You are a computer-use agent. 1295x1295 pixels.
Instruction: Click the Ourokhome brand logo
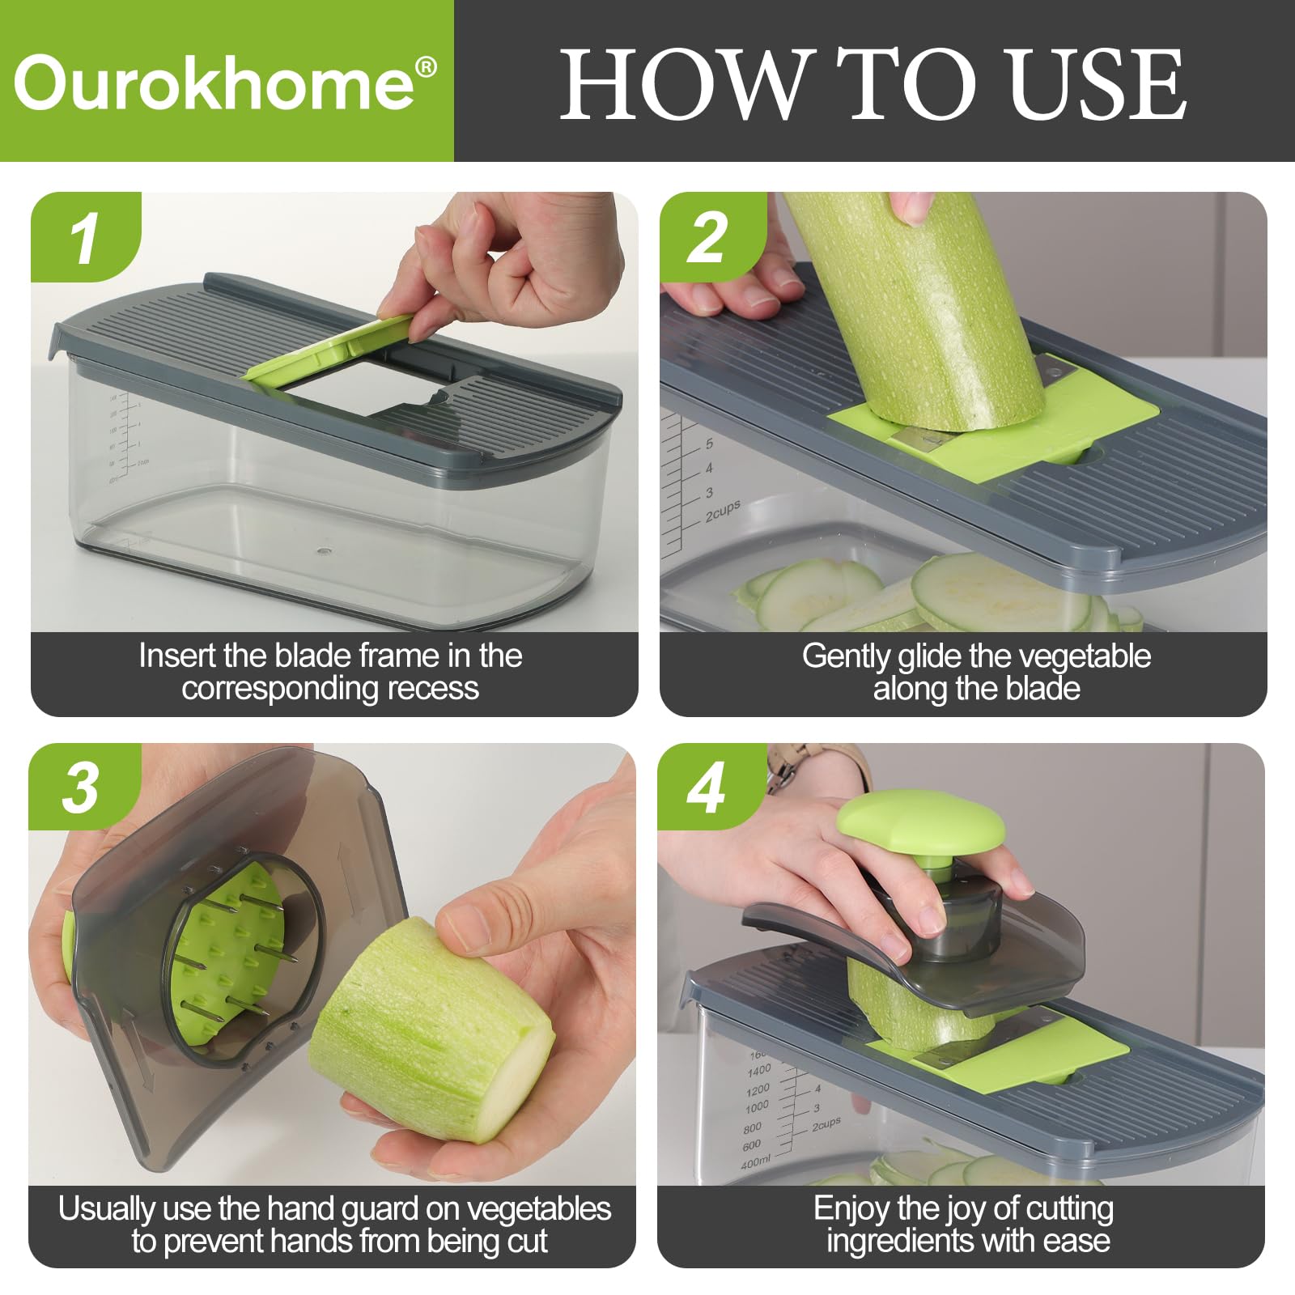pyautogui.click(x=214, y=83)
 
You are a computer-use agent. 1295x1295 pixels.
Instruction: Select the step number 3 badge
pyautogui.click(x=80, y=788)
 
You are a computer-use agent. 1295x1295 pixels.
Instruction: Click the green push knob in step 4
pyautogui.click(x=920, y=826)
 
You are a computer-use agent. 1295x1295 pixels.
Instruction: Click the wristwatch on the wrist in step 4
pyautogui.click(x=781, y=768)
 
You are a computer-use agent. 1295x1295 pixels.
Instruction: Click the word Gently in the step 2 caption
pyautogui.click(x=846, y=656)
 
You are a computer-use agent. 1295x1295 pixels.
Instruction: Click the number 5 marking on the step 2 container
pyautogui.click(x=709, y=444)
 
